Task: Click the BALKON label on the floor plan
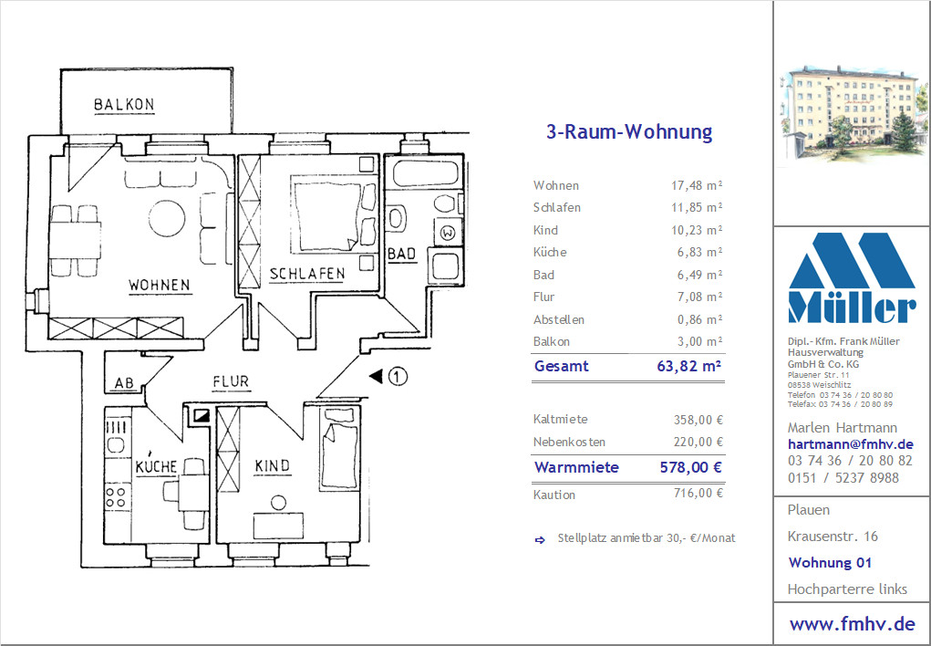(x=124, y=105)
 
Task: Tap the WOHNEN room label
(x=160, y=286)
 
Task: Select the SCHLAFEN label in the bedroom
(x=307, y=274)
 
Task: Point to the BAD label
(x=402, y=254)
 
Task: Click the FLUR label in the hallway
(x=231, y=381)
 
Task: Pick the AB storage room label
(x=124, y=383)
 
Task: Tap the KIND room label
(x=273, y=466)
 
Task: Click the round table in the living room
(x=167, y=218)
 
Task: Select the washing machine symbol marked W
(x=449, y=233)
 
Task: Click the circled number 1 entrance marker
(x=398, y=376)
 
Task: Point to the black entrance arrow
(x=376, y=376)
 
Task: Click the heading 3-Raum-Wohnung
(x=629, y=131)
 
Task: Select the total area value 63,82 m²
(x=688, y=366)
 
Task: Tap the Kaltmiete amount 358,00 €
(x=698, y=420)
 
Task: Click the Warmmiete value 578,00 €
(x=691, y=467)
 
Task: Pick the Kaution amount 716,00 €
(x=698, y=493)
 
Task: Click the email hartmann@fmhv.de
(x=850, y=444)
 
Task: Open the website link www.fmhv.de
(x=852, y=624)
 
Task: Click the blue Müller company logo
(x=852, y=277)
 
